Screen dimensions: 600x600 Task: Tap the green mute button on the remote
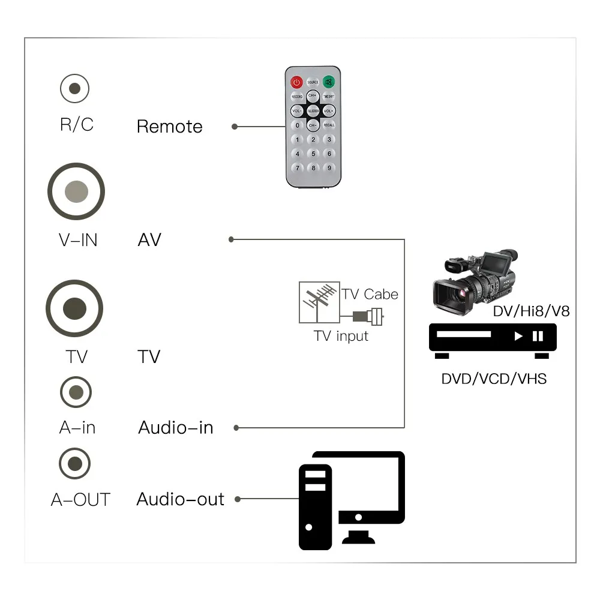[328, 82]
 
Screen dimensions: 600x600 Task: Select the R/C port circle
[74, 89]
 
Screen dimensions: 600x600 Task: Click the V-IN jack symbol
[76, 192]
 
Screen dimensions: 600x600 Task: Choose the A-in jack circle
[76, 393]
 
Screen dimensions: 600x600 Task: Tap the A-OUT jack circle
[75, 464]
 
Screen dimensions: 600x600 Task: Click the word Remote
[170, 127]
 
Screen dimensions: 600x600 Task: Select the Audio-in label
[176, 428]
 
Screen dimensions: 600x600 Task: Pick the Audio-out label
[180, 499]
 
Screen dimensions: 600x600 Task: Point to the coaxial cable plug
[368, 316]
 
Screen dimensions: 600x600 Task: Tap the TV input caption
[341, 336]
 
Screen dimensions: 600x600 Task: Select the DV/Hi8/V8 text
[531, 311]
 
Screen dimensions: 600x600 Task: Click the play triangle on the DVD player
[518, 336]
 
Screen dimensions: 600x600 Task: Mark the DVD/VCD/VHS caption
[494, 379]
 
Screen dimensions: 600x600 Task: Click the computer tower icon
[316, 507]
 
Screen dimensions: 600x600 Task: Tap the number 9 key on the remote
[329, 169]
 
